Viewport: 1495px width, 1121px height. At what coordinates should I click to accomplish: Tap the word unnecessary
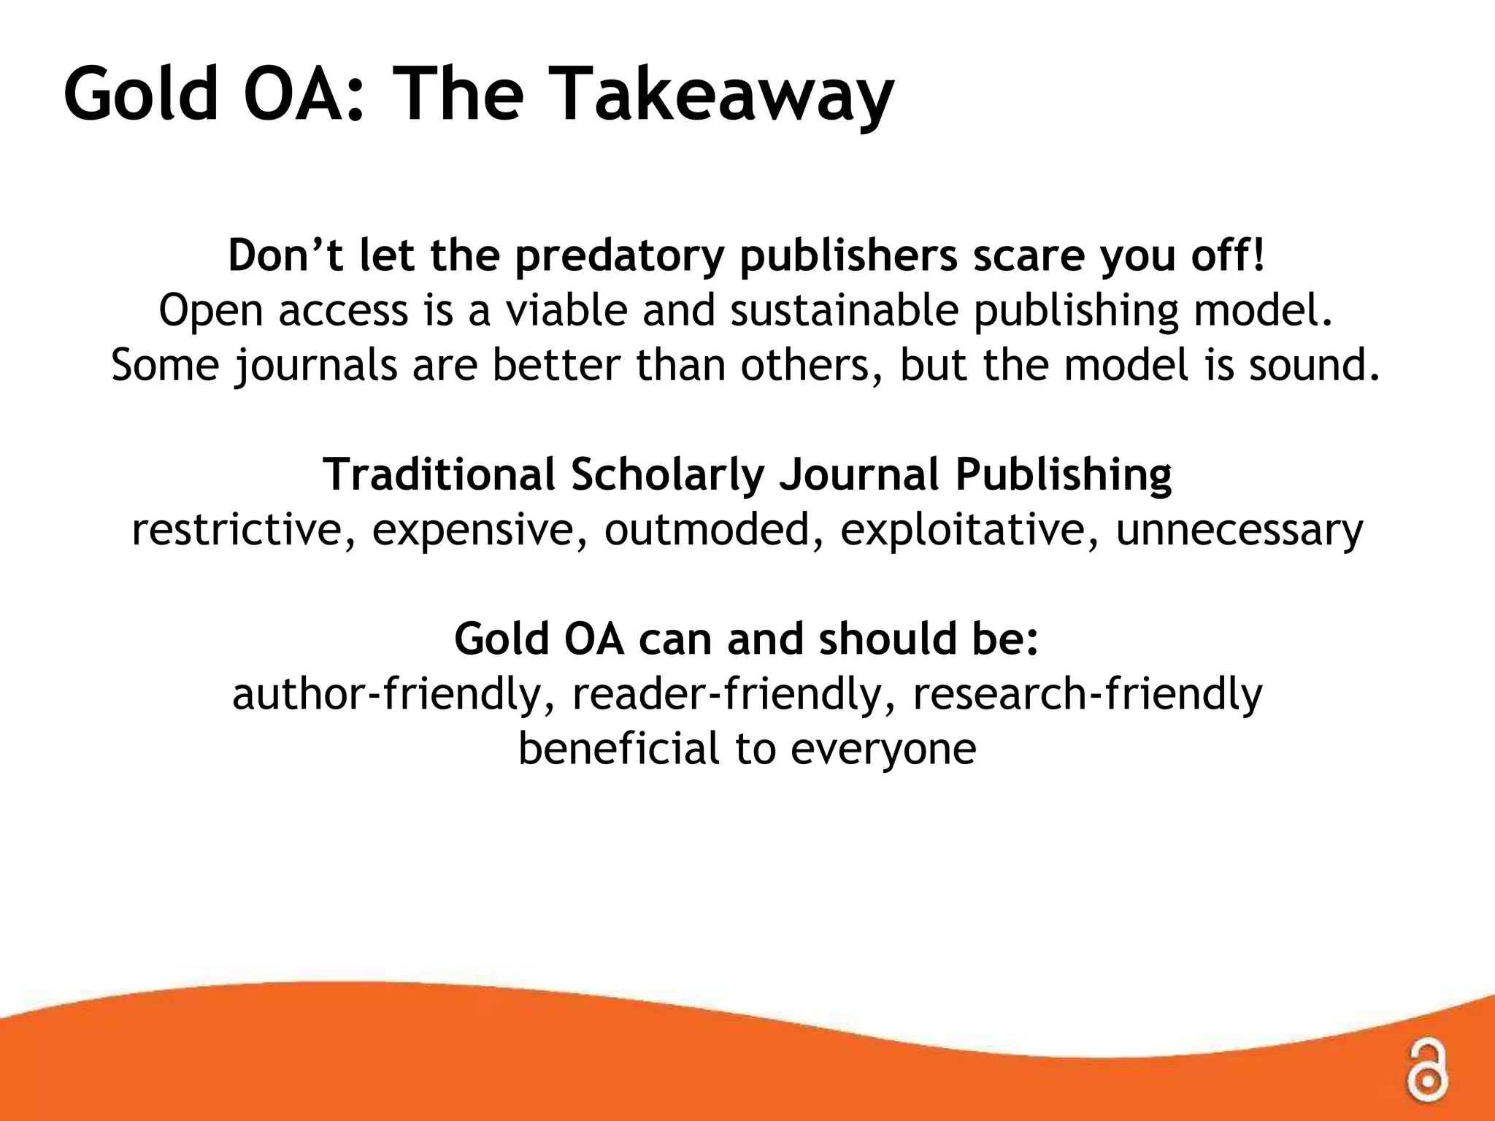1240,530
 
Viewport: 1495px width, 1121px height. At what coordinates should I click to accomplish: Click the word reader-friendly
735,694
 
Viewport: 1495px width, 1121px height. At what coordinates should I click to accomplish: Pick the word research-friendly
1088,694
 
